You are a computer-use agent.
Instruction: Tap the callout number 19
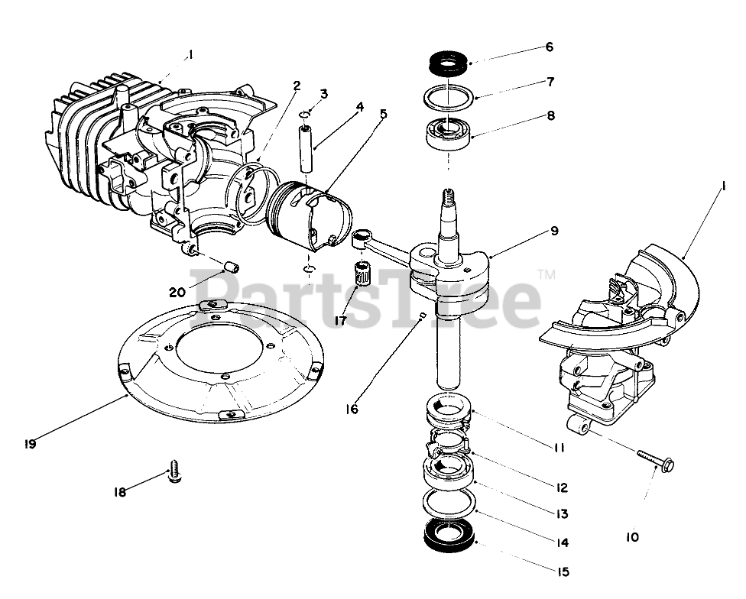click(x=30, y=442)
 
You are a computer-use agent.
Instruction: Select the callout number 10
click(x=631, y=537)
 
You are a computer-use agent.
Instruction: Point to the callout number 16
click(x=351, y=410)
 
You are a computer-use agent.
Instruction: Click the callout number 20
click(x=177, y=291)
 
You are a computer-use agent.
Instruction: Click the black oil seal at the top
click(x=449, y=63)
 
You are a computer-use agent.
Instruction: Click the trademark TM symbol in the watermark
click(x=546, y=273)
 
